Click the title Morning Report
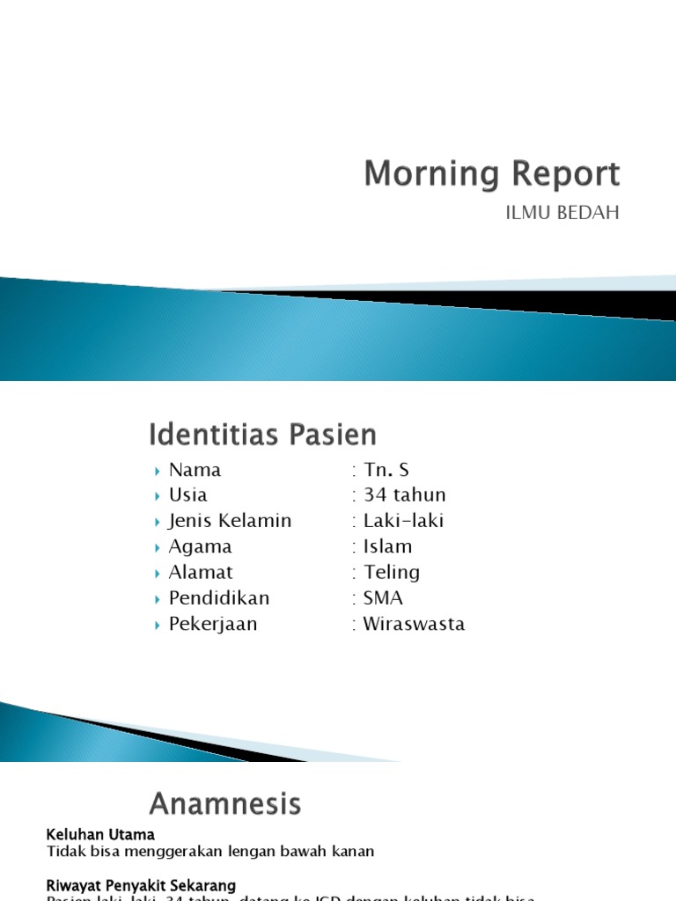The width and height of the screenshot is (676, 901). pyautogui.click(x=492, y=174)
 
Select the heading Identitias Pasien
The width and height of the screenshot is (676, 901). pyautogui.click(x=262, y=435)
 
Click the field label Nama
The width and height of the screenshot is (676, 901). pyautogui.click(x=195, y=470)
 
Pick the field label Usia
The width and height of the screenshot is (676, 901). pyautogui.click(x=187, y=494)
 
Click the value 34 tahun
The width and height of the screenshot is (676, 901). pyautogui.click(x=404, y=494)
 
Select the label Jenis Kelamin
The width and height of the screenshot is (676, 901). pyautogui.click(x=230, y=521)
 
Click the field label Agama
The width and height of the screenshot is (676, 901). pyautogui.click(x=200, y=546)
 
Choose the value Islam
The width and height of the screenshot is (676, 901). pyautogui.click(x=387, y=546)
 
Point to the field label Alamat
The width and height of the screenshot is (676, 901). pyautogui.click(x=201, y=572)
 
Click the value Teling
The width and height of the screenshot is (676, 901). pyautogui.click(x=392, y=572)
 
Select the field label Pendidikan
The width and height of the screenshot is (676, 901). pyautogui.click(x=219, y=598)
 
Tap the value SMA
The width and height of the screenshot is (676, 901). pyautogui.click(x=383, y=598)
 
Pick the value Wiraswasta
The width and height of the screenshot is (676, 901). pyautogui.click(x=414, y=625)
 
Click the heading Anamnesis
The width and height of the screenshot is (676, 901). pyautogui.click(x=225, y=803)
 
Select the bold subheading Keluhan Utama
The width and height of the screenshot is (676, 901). pyautogui.click(x=100, y=834)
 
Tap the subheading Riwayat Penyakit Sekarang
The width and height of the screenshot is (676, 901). pyautogui.click(x=140, y=885)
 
